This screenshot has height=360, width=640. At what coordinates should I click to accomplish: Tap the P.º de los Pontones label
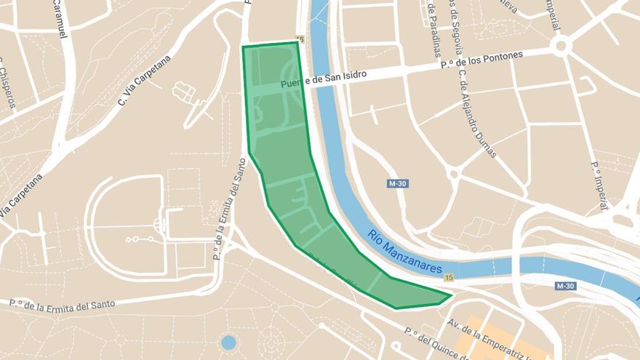point(481,60)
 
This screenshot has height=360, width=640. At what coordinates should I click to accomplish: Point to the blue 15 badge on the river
point(448,278)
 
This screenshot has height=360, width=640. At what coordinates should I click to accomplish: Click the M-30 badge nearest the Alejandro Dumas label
point(397,184)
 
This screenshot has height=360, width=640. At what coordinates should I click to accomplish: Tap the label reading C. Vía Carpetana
point(144,80)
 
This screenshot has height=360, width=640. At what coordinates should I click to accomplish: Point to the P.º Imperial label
point(600,185)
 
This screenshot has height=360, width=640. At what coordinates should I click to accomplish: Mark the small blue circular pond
point(228,342)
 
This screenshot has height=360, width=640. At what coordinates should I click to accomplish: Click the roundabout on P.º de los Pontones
point(559,47)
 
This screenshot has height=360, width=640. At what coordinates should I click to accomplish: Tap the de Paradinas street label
point(436,29)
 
